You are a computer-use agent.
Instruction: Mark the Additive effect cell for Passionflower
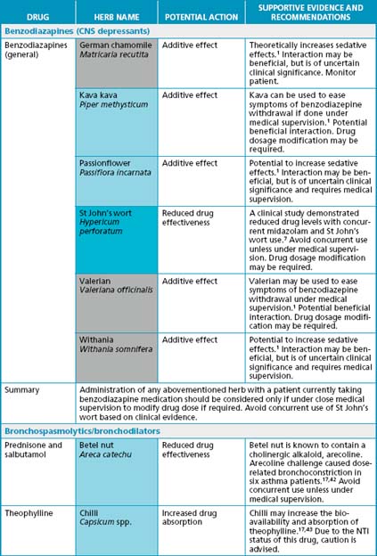click(190, 164)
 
